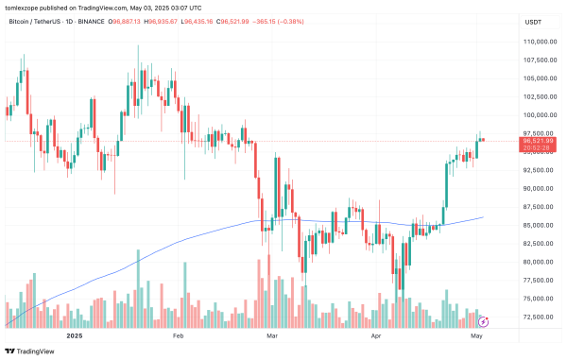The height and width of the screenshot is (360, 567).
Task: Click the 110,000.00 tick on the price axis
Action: coord(537,43)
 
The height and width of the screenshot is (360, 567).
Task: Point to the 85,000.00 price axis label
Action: coord(537,225)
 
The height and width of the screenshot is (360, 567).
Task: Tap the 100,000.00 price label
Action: coord(537,115)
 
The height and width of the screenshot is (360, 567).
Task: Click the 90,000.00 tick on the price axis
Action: coord(537,188)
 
